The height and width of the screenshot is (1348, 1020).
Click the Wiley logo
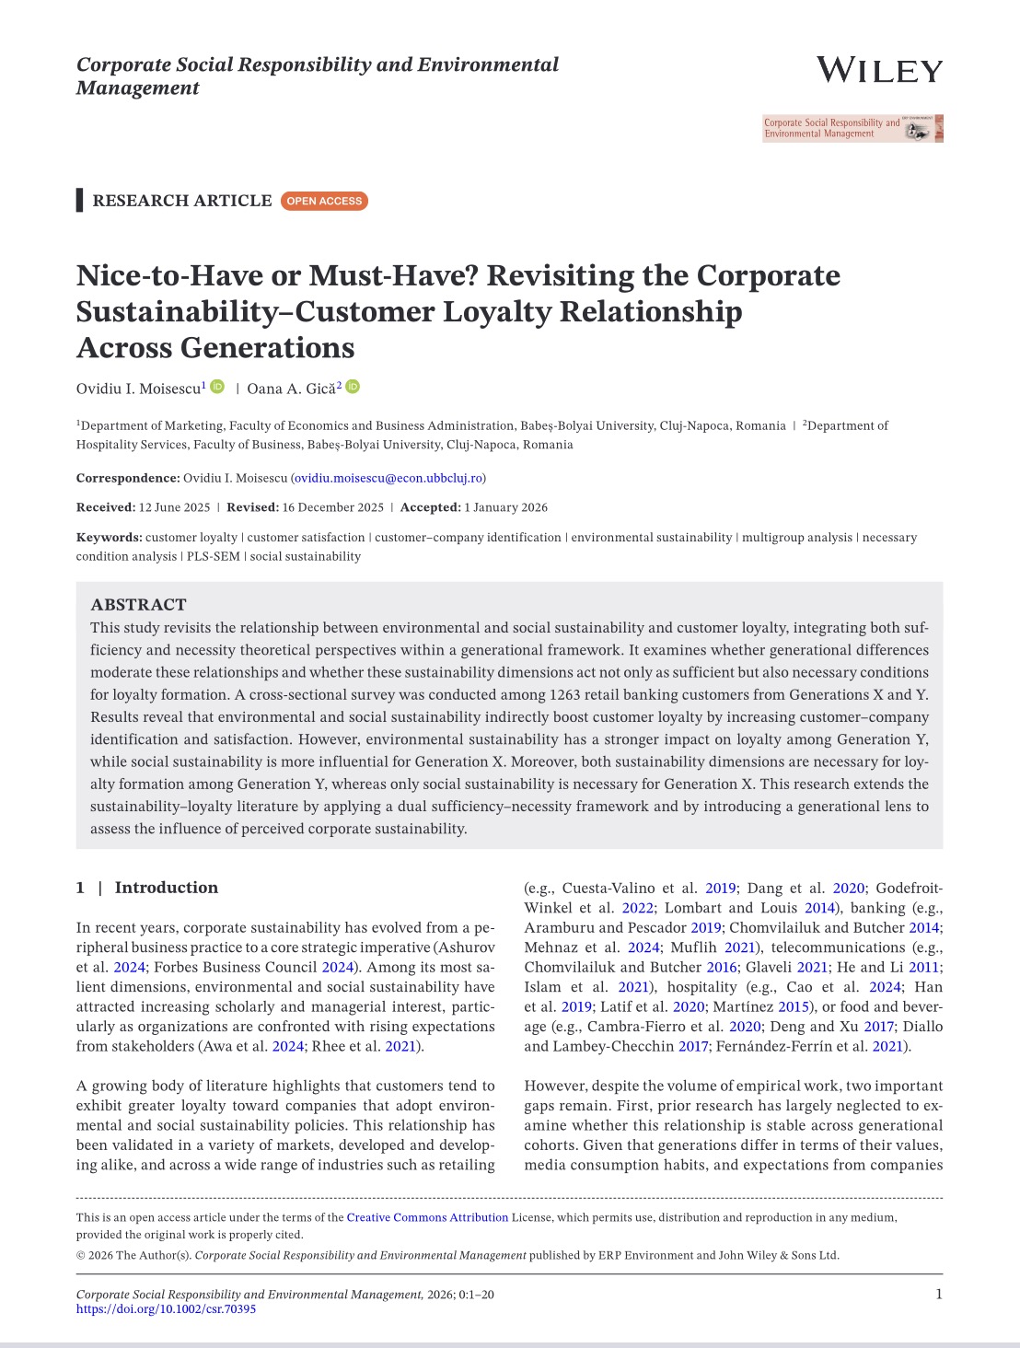879,71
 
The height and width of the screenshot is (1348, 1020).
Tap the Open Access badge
324,201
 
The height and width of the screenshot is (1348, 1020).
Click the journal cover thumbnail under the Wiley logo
852,128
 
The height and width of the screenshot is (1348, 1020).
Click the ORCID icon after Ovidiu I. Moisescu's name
217,387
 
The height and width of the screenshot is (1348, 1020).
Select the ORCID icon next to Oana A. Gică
353,387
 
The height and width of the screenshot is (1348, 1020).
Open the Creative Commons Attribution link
427,1217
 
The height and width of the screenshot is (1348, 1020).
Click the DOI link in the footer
166,1308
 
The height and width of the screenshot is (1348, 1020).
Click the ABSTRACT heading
138,604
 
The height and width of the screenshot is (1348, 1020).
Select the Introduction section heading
166,888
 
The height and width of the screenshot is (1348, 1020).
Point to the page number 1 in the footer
938,1294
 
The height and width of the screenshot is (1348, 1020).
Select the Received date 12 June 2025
174,507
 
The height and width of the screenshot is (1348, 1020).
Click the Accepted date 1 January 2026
505,507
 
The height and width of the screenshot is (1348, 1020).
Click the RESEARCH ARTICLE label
182,201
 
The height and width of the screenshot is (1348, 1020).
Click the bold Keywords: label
109,538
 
